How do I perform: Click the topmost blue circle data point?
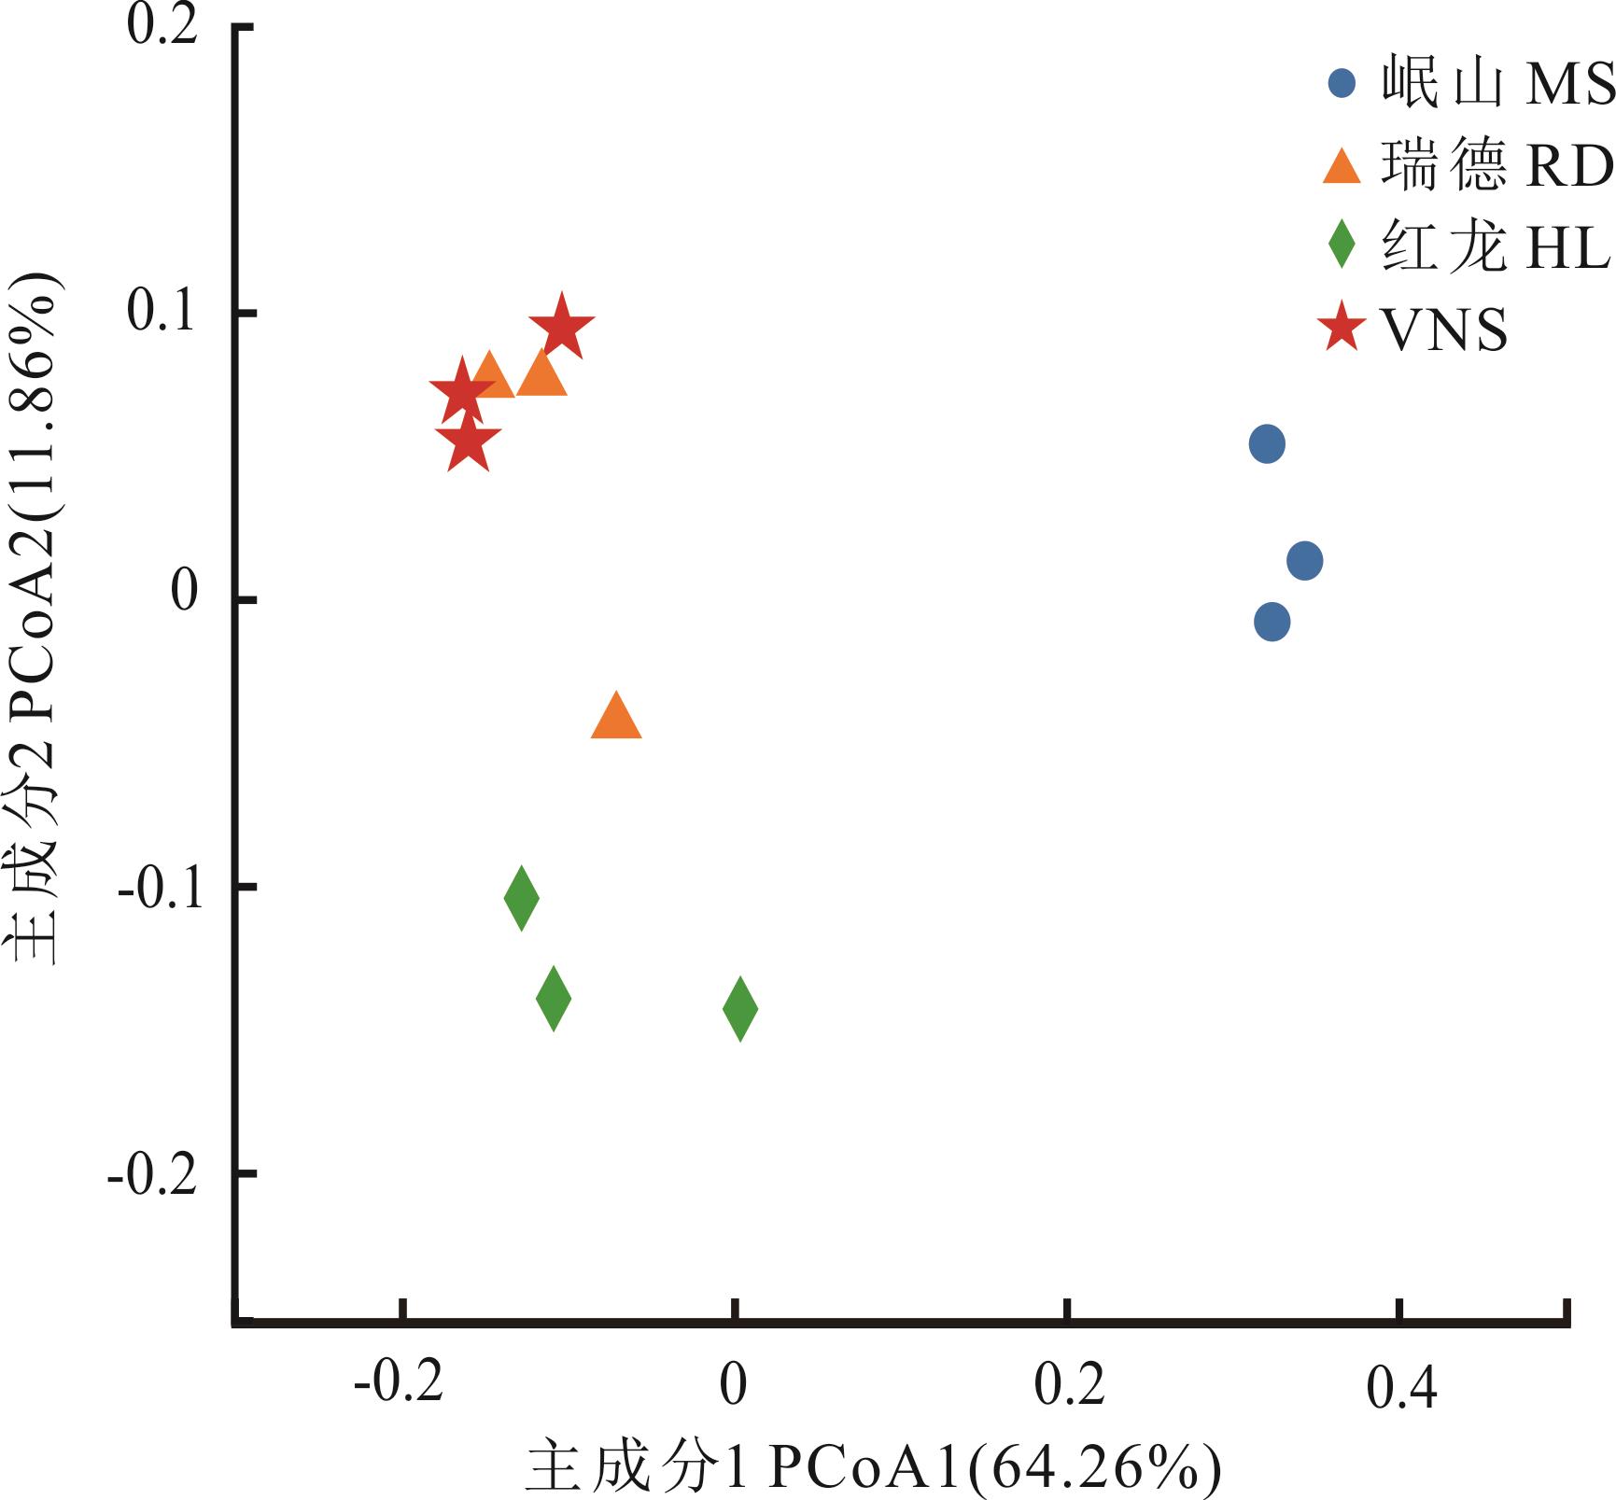tap(1267, 443)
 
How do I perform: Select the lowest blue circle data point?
tap(1272, 622)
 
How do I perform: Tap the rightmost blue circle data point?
tap(1304, 561)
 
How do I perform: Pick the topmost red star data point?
tap(561, 327)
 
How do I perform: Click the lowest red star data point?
tap(468, 443)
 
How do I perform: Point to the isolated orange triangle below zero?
tap(616, 718)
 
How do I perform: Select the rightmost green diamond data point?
tap(740, 1008)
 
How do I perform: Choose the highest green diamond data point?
tap(521, 897)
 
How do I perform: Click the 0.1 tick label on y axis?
tap(162, 312)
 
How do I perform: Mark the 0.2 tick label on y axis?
tap(162, 26)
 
